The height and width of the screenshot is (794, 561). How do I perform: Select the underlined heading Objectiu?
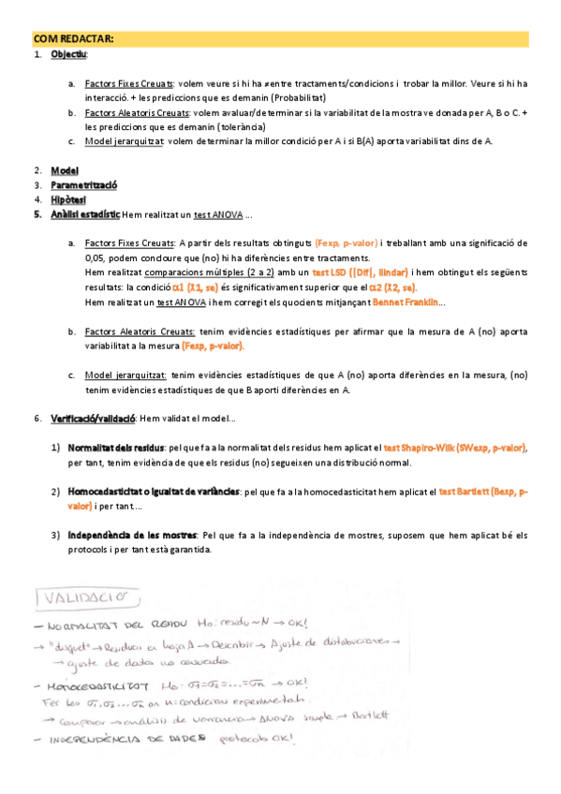69,55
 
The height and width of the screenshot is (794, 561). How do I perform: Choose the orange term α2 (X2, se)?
392,287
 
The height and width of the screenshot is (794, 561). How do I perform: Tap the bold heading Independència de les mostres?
130,535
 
